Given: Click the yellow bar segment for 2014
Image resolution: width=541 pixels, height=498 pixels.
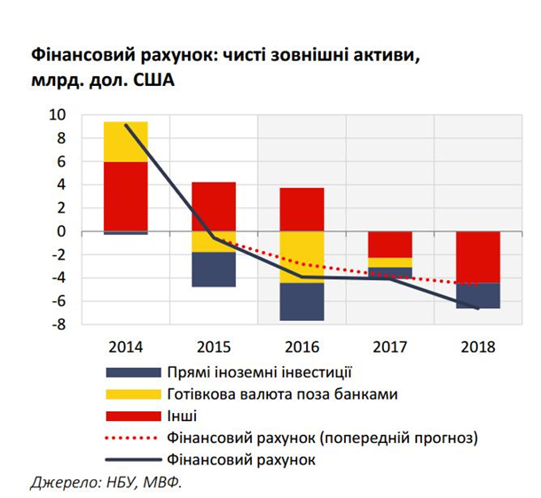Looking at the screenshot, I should [125, 141].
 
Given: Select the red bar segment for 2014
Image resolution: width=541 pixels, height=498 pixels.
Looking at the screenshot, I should [125, 195].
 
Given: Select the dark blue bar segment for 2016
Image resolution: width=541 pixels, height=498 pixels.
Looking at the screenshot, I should [302, 301].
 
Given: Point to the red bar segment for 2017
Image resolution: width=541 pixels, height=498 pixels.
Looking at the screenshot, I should [389, 244].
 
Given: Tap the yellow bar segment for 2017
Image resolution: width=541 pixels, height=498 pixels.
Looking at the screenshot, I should [389, 262].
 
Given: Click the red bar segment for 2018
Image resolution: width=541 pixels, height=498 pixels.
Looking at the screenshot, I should [478, 256].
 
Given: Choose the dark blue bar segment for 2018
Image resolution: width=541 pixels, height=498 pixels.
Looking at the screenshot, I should [478, 295].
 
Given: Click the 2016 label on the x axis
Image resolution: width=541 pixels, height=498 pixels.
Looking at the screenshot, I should [302, 346].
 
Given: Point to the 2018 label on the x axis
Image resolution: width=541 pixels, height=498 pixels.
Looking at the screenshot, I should [478, 346].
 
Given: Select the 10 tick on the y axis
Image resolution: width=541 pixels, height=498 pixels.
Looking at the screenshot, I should [59, 115].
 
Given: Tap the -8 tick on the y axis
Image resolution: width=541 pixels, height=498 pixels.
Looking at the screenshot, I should [59, 325].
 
